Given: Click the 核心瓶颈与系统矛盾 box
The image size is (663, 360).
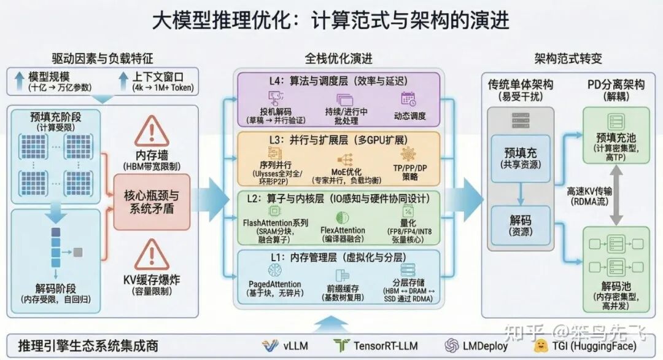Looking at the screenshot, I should (x=152, y=202).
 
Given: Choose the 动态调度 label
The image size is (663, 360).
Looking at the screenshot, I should (x=410, y=115).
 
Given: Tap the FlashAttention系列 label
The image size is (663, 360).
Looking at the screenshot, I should (x=276, y=222).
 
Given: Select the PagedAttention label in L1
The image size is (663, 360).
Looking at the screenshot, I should (x=274, y=284).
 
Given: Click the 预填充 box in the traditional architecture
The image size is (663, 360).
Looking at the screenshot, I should (x=520, y=153).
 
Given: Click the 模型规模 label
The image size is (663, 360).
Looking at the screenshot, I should (x=49, y=77).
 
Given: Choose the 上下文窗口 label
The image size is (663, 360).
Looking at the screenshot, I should (x=158, y=77).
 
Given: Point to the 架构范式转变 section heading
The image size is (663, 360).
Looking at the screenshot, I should (x=567, y=59).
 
